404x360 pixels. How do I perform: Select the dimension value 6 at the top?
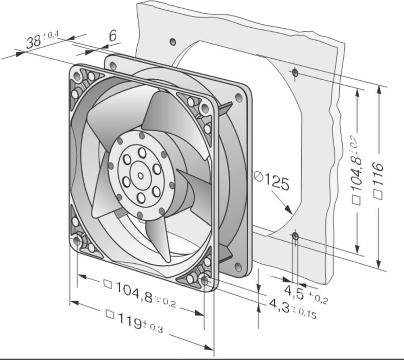(x=113, y=35)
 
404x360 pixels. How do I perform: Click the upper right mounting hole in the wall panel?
(x=295, y=73)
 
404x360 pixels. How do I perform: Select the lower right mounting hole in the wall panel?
(x=295, y=236)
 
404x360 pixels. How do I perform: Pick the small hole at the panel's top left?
(x=175, y=41)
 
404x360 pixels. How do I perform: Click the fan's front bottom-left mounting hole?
(x=78, y=240)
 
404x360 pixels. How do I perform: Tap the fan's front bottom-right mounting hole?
(x=205, y=280)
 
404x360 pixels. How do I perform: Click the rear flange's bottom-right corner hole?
(x=238, y=266)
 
